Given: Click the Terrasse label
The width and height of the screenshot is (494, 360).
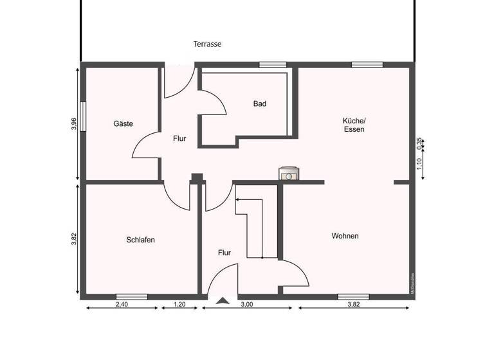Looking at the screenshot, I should (208, 44).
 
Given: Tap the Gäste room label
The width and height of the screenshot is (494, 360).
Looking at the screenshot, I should (123, 123).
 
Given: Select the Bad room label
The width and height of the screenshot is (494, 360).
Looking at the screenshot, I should (259, 104).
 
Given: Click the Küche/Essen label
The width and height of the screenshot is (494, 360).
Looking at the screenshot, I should (354, 125).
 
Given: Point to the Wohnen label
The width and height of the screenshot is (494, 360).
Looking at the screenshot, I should (345, 236).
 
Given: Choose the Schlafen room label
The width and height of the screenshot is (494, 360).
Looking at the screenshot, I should (140, 240).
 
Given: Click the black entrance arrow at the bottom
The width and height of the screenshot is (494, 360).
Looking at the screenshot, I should (223, 300).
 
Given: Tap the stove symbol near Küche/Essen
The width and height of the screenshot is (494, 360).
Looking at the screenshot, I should (289, 174).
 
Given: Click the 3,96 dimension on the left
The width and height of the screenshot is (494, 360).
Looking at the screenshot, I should (74, 123).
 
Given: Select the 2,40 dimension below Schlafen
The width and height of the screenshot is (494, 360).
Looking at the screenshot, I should (122, 305).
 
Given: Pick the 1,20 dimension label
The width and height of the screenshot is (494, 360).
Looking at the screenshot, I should (179, 305).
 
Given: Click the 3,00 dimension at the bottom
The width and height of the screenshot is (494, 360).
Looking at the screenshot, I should (247, 305).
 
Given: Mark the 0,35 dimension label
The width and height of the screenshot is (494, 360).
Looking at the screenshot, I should (419, 143).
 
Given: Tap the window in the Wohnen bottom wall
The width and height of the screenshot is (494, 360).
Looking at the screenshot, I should (353, 297).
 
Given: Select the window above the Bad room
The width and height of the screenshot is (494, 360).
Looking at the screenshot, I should (273, 64).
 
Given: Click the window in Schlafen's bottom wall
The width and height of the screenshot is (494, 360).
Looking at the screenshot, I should (131, 297).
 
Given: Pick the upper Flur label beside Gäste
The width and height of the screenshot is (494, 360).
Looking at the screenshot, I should (179, 138).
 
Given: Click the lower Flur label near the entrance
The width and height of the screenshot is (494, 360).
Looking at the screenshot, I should (224, 253).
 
